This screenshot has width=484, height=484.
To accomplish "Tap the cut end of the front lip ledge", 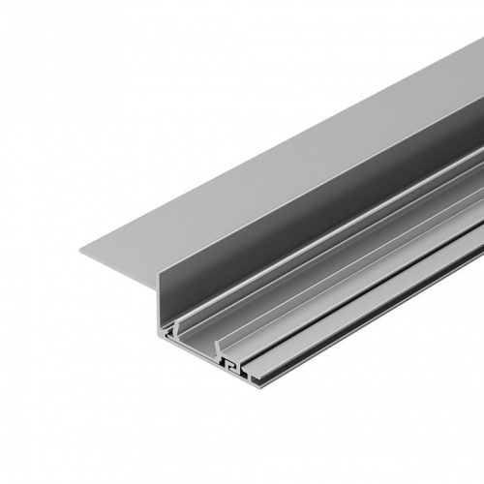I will tap(250, 379).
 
